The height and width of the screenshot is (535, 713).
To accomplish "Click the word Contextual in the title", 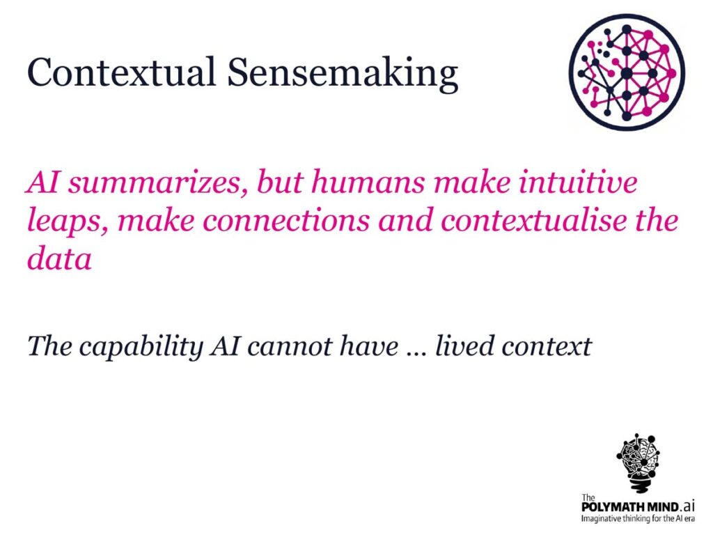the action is pos(121,72).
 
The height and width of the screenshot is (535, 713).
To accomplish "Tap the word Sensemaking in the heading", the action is pos(343,75).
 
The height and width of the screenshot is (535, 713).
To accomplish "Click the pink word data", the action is pos(60,258).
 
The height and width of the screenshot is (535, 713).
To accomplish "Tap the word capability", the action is pos(141,348).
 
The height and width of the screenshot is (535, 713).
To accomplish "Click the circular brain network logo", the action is pos(627,72).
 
